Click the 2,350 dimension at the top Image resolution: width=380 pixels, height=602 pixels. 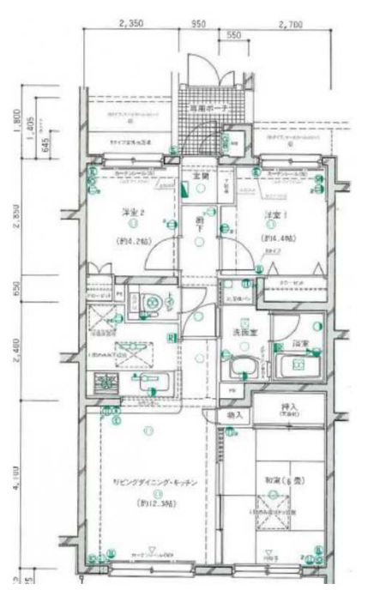(x=130, y=24)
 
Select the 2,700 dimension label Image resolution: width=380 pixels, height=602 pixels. (x=291, y=24)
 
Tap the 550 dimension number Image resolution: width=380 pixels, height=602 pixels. (x=231, y=38)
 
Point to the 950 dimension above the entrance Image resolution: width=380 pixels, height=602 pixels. (x=199, y=24)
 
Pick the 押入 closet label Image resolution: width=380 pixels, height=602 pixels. (x=290, y=409)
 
